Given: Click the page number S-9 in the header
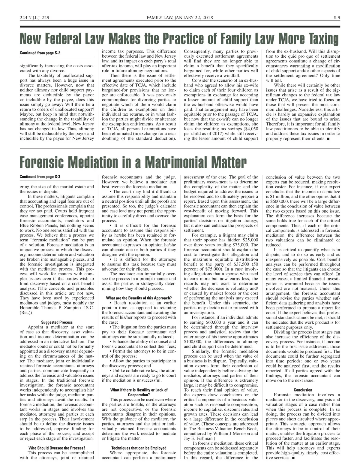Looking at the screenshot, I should [337, 17].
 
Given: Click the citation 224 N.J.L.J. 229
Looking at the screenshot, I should [34, 17].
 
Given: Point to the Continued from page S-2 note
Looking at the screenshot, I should [40, 53].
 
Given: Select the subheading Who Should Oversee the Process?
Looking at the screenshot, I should [57, 448].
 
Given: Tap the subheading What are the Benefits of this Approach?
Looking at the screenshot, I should [139, 298].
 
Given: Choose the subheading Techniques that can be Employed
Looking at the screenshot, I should [139, 448].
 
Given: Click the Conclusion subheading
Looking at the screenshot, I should [303, 390].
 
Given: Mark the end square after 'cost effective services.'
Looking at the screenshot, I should [293, 458].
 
